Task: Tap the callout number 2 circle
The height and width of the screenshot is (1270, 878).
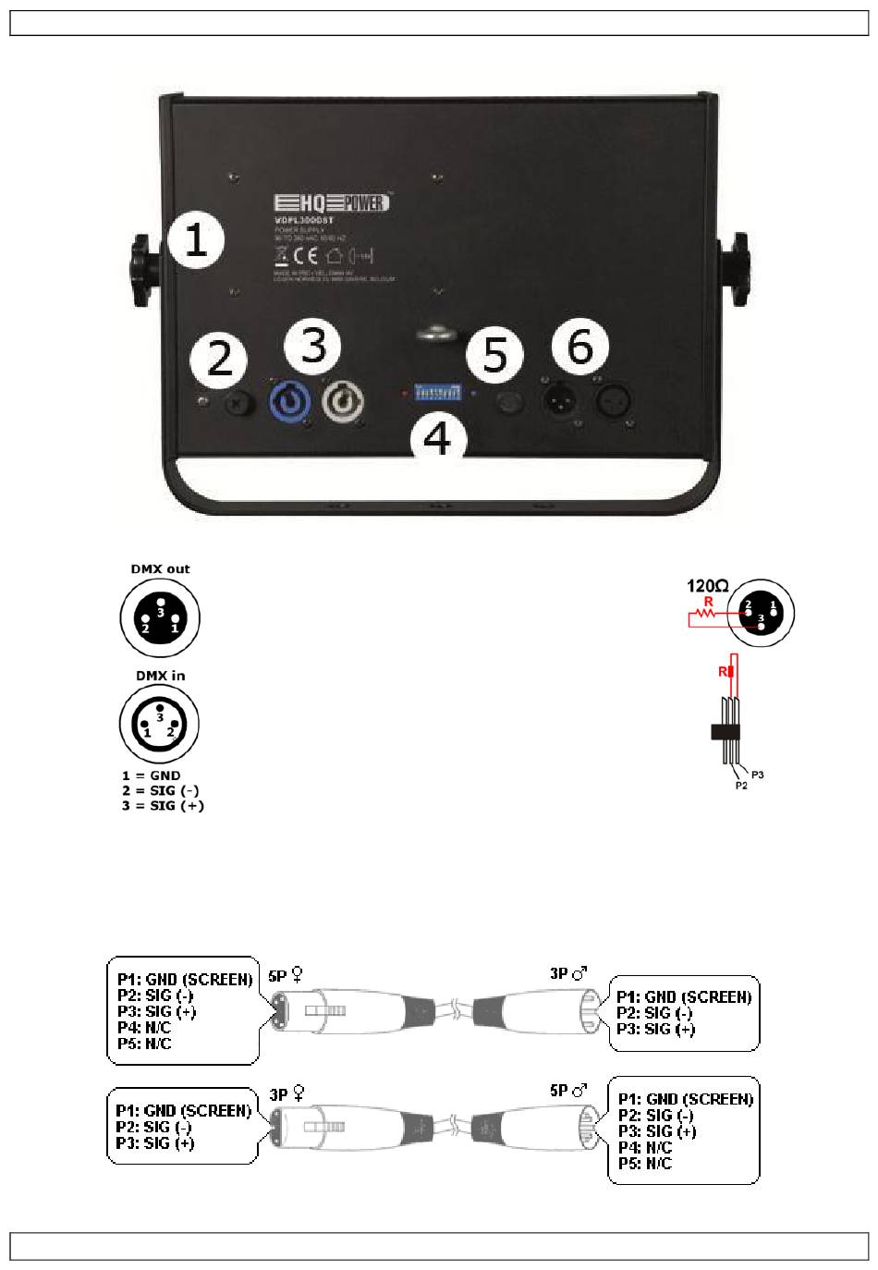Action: (219, 359)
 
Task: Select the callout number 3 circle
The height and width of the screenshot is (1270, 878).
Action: (313, 345)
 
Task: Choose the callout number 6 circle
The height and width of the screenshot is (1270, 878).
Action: (580, 347)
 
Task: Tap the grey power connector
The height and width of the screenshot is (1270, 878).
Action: (343, 402)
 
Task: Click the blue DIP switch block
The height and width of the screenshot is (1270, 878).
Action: (437, 393)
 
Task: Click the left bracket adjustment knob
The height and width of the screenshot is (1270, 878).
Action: (145, 269)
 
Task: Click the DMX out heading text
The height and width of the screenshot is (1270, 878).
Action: (160, 568)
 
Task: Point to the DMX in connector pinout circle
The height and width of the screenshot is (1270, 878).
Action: (159, 724)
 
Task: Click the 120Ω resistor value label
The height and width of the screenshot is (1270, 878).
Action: (707, 585)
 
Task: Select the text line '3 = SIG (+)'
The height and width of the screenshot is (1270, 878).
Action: (163, 805)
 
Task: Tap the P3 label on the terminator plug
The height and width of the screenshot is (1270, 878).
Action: (758, 774)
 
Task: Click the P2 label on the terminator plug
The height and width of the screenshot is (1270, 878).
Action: (740, 786)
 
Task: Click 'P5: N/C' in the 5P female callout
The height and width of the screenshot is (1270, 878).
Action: (144, 1044)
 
